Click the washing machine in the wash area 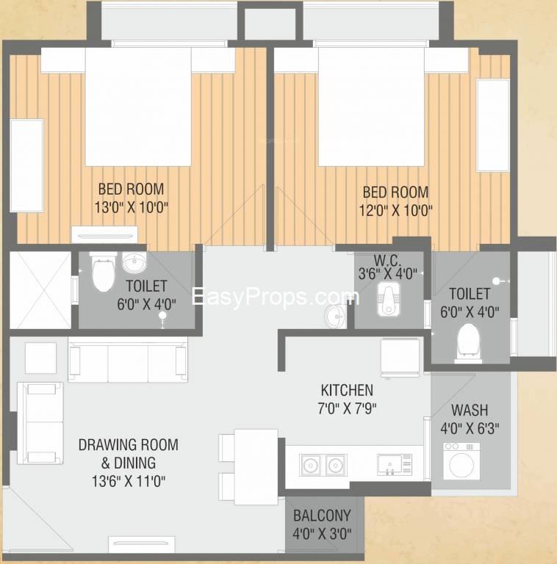tap(461, 461)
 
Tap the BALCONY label tap(322, 516)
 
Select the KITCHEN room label tap(347, 390)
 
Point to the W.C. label tap(387, 260)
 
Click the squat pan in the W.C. tap(388, 300)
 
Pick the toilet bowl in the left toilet tap(104, 272)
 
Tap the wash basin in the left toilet tap(134, 262)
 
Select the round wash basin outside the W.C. tap(335, 317)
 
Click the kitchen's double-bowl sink tap(323, 465)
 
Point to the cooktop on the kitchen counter tap(395, 465)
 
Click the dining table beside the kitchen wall tap(256, 466)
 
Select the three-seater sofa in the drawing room tap(128, 359)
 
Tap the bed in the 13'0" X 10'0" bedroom tap(138, 106)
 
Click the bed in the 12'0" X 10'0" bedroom tap(371, 106)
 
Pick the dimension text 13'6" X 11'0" tap(129, 481)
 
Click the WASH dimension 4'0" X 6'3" tap(470, 428)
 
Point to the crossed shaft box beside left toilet tap(40, 290)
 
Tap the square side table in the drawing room tap(40, 358)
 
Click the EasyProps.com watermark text tap(276, 297)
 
